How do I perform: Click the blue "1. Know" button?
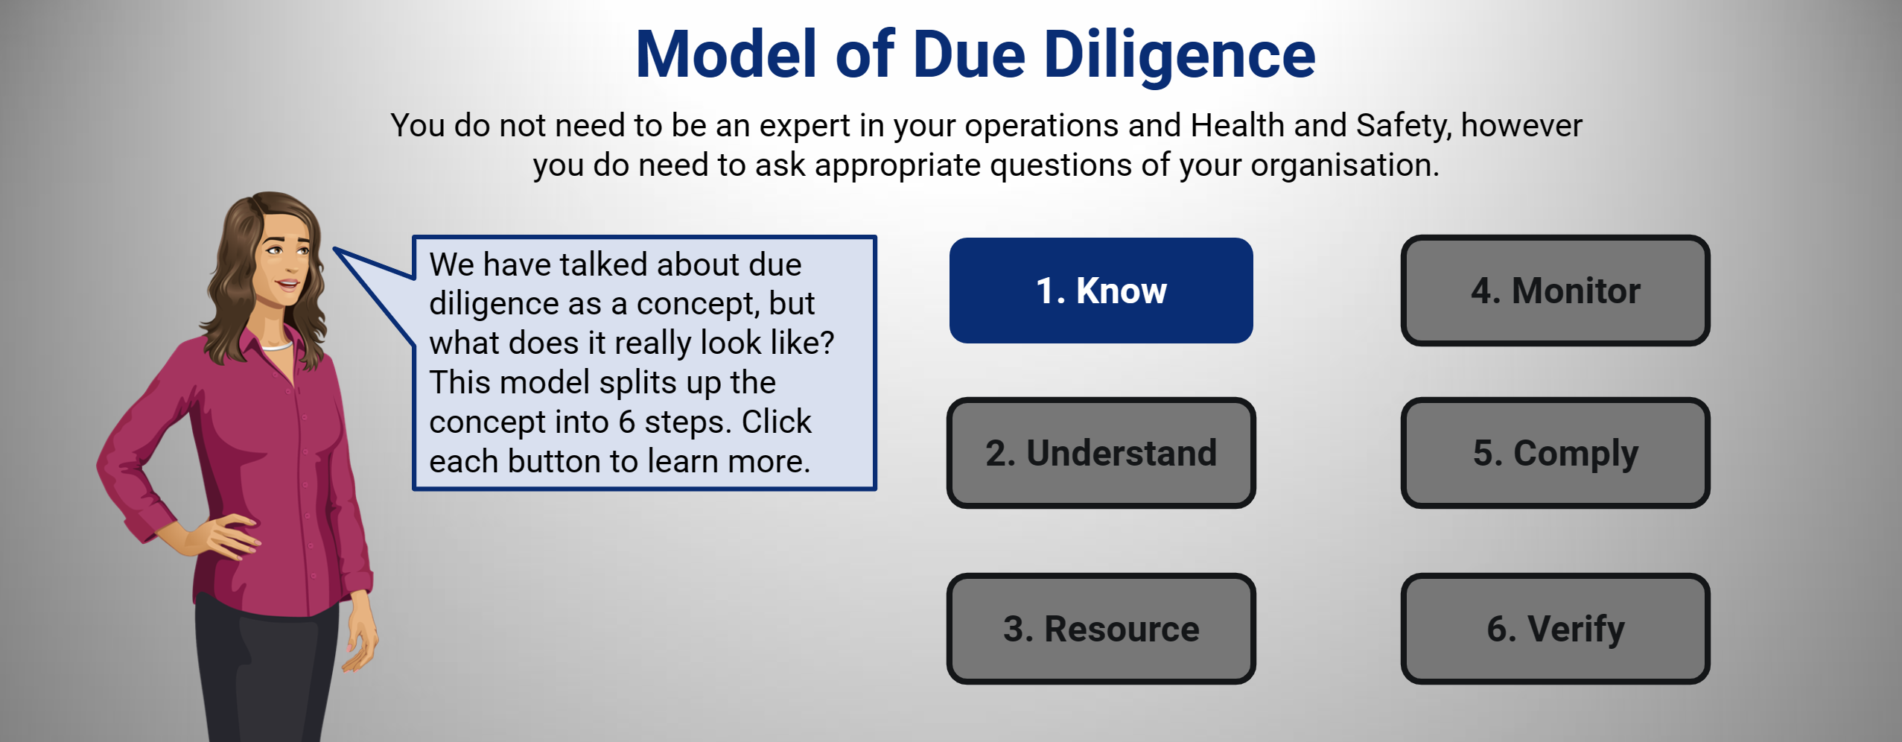pyautogui.click(x=1101, y=291)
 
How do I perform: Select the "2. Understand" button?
pyautogui.click(x=1101, y=453)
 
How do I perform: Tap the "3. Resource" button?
pyautogui.click(x=1101, y=629)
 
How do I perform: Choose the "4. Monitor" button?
pyautogui.click(x=1555, y=291)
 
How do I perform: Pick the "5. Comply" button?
pyautogui.click(x=1555, y=453)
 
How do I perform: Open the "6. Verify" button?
pyautogui.click(x=1555, y=629)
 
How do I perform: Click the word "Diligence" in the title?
pyautogui.click(x=1180, y=56)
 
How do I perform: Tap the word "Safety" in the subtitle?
pyautogui.click(x=1404, y=126)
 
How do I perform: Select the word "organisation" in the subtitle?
pyautogui.click(x=1343, y=165)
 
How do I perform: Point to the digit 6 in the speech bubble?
pyautogui.click(x=627, y=422)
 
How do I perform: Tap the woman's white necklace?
pyautogui.click(x=277, y=346)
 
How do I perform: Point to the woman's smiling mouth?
pyautogui.click(x=287, y=284)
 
